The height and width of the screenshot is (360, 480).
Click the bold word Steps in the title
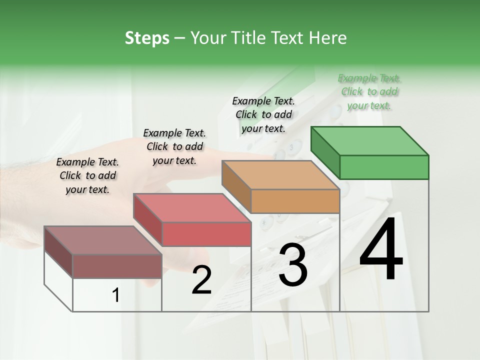pos(147,38)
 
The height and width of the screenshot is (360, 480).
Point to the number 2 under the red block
pos(201,280)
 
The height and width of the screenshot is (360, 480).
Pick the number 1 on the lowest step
pos(115,295)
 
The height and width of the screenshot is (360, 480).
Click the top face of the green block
pos(370,141)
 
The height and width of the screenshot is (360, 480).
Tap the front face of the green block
pos(384,167)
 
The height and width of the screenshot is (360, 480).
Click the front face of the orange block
pos(295,201)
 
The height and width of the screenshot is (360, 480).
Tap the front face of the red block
pos(206,234)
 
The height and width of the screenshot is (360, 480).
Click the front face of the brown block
pos(117,266)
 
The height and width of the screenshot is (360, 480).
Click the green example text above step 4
pos(369,91)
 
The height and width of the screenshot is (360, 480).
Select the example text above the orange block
pos(263,114)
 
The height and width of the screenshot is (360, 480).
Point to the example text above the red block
pos(174,146)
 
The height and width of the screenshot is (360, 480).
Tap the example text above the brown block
pos(87,175)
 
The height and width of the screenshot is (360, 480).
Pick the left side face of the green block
pos(325,152)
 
